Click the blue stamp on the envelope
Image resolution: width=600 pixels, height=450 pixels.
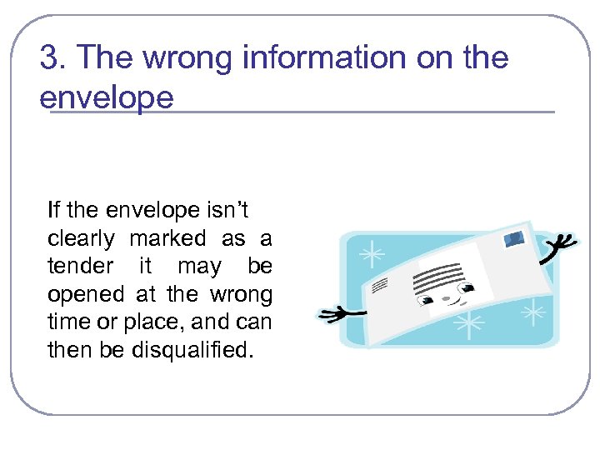(x=514, y=239)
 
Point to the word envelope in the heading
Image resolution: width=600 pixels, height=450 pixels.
(x=107, y=97)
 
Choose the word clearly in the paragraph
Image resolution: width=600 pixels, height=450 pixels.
(x=81, y=239)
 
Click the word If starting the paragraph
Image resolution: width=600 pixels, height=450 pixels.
(x=53, y=210)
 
